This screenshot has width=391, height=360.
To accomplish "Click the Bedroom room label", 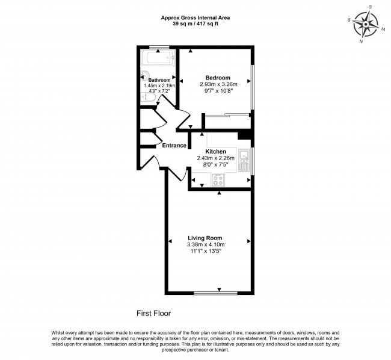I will [x=218, y=78].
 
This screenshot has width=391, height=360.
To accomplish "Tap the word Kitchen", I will [x=215, y=151].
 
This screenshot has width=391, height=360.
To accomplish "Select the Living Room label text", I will [x=205, y=238].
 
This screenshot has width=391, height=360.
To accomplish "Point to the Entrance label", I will [x=174, y=145].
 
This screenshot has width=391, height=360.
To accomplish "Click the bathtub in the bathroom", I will [x=158, y=60].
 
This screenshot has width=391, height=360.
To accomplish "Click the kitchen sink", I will [x=244, y=161].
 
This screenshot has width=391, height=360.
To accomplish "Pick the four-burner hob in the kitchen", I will [x=217, y=179].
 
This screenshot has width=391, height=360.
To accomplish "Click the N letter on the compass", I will [x=360, y=42].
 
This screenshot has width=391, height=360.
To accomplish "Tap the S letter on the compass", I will [x=371, y=7].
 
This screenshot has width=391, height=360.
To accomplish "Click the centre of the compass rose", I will [x=366, y=25].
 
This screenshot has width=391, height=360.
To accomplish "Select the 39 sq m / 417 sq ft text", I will [x=195, y=24].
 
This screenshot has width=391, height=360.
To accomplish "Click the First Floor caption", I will [x=154, y=313].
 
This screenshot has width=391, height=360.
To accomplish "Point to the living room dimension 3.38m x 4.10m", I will [x=206, y=245].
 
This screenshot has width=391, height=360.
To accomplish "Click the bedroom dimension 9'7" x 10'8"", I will [x=218, y=92].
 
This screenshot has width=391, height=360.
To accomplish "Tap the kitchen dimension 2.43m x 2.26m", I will [x=215, y=158].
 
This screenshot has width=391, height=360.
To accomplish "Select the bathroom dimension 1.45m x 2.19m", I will [x=159, y=86].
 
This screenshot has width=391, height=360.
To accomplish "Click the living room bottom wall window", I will [x=211, y=293].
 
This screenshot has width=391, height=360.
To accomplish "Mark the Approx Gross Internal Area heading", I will [x=195, y=17].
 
